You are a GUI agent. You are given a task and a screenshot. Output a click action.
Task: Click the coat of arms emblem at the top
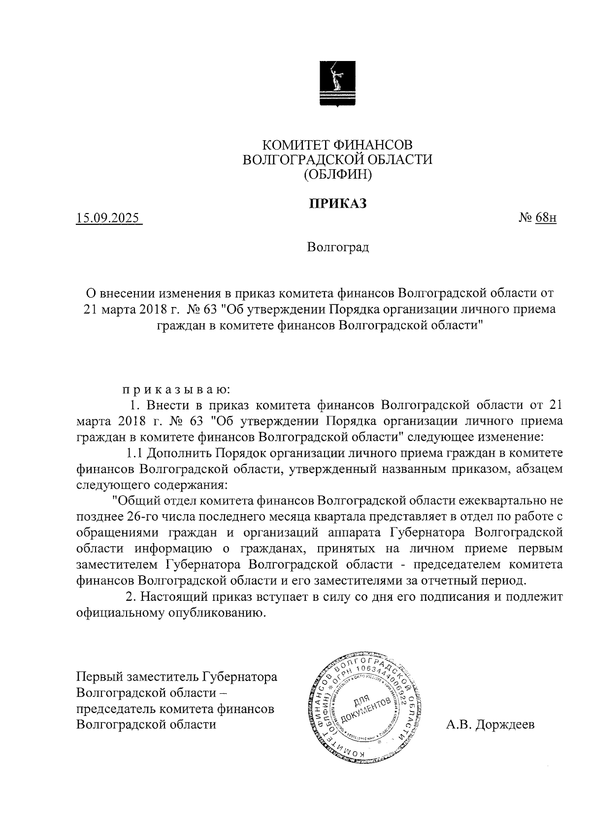(337, 82)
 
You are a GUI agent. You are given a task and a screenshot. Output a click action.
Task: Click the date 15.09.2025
(107, 218)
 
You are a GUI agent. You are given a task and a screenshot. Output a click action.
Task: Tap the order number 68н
(546, 218)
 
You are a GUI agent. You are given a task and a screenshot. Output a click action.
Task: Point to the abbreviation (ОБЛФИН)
(337, 173)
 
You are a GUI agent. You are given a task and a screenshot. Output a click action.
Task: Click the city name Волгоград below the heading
(337, 247)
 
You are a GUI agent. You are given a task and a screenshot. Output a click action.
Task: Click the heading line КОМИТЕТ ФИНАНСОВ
(337, 145)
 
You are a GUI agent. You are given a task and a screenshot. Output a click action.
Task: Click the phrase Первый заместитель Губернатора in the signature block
(177, 677)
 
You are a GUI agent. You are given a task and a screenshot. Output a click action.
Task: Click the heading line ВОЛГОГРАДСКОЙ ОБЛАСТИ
(337, 159)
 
